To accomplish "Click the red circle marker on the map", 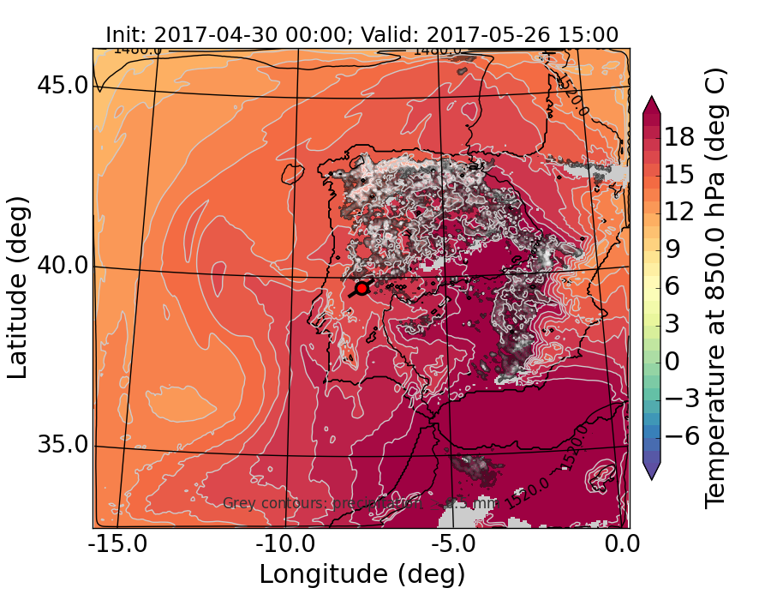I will point(362,288).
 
